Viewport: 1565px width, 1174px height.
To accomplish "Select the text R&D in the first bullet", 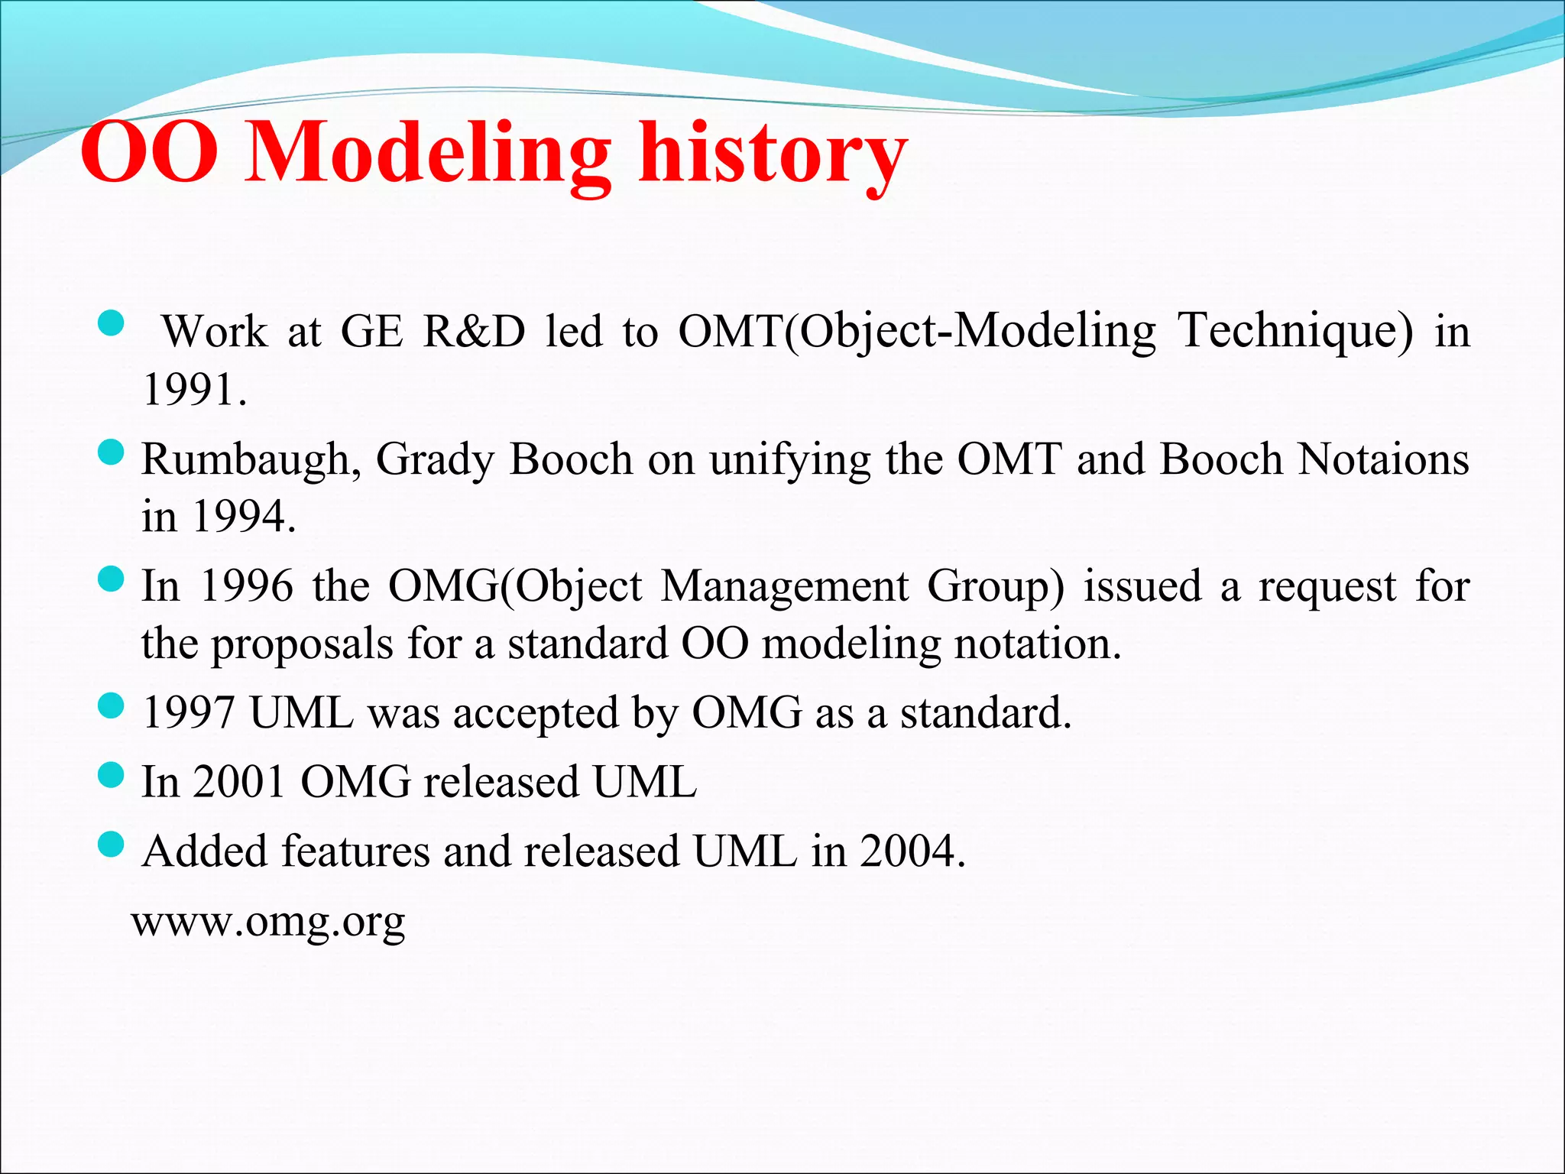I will point(475,332).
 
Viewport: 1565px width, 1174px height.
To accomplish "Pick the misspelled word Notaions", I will point(1383,459).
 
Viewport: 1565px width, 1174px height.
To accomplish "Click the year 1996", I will point(246,587).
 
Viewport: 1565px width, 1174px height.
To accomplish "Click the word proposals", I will point(302,644).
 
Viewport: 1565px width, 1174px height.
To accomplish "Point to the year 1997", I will point(189,712).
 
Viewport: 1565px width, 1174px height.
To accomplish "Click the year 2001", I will point(239,782).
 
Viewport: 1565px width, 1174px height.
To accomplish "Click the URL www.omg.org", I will point(268,921).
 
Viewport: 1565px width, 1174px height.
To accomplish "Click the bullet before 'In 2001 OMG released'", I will point(112,775).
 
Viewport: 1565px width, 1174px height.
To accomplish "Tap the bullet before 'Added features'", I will point(112,844).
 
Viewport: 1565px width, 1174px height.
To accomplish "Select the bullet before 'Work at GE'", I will point(112,323).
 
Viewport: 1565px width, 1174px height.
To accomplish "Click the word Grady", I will point(435,460).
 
